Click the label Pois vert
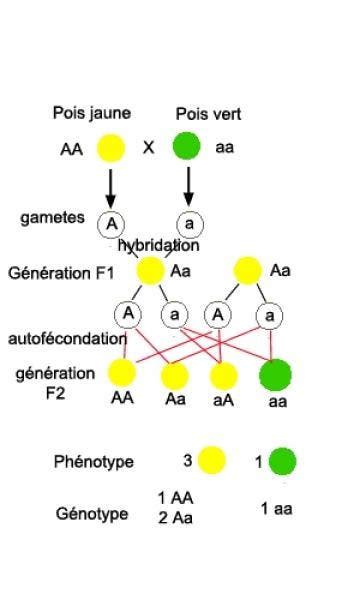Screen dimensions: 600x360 click(x=208, y=114)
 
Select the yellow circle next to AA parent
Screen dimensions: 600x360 click(x=111, y=148)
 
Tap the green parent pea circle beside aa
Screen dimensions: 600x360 click(x=187, y=148)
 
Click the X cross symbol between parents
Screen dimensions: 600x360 click(x=148, y=148)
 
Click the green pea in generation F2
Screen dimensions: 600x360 click(x=275, y=375)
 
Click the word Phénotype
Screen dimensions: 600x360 click(x=94, y=462)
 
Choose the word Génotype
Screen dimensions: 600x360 click(x=92, y=514)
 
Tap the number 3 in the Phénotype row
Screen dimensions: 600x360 click(x=186, y=461)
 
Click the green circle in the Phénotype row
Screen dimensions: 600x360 click(x=283, y=461)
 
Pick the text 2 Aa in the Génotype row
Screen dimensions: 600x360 click(x=175, y=517)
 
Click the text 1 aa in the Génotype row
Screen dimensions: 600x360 click(x=277, y=509)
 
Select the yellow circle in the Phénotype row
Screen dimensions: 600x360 click(x=211, y=461)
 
